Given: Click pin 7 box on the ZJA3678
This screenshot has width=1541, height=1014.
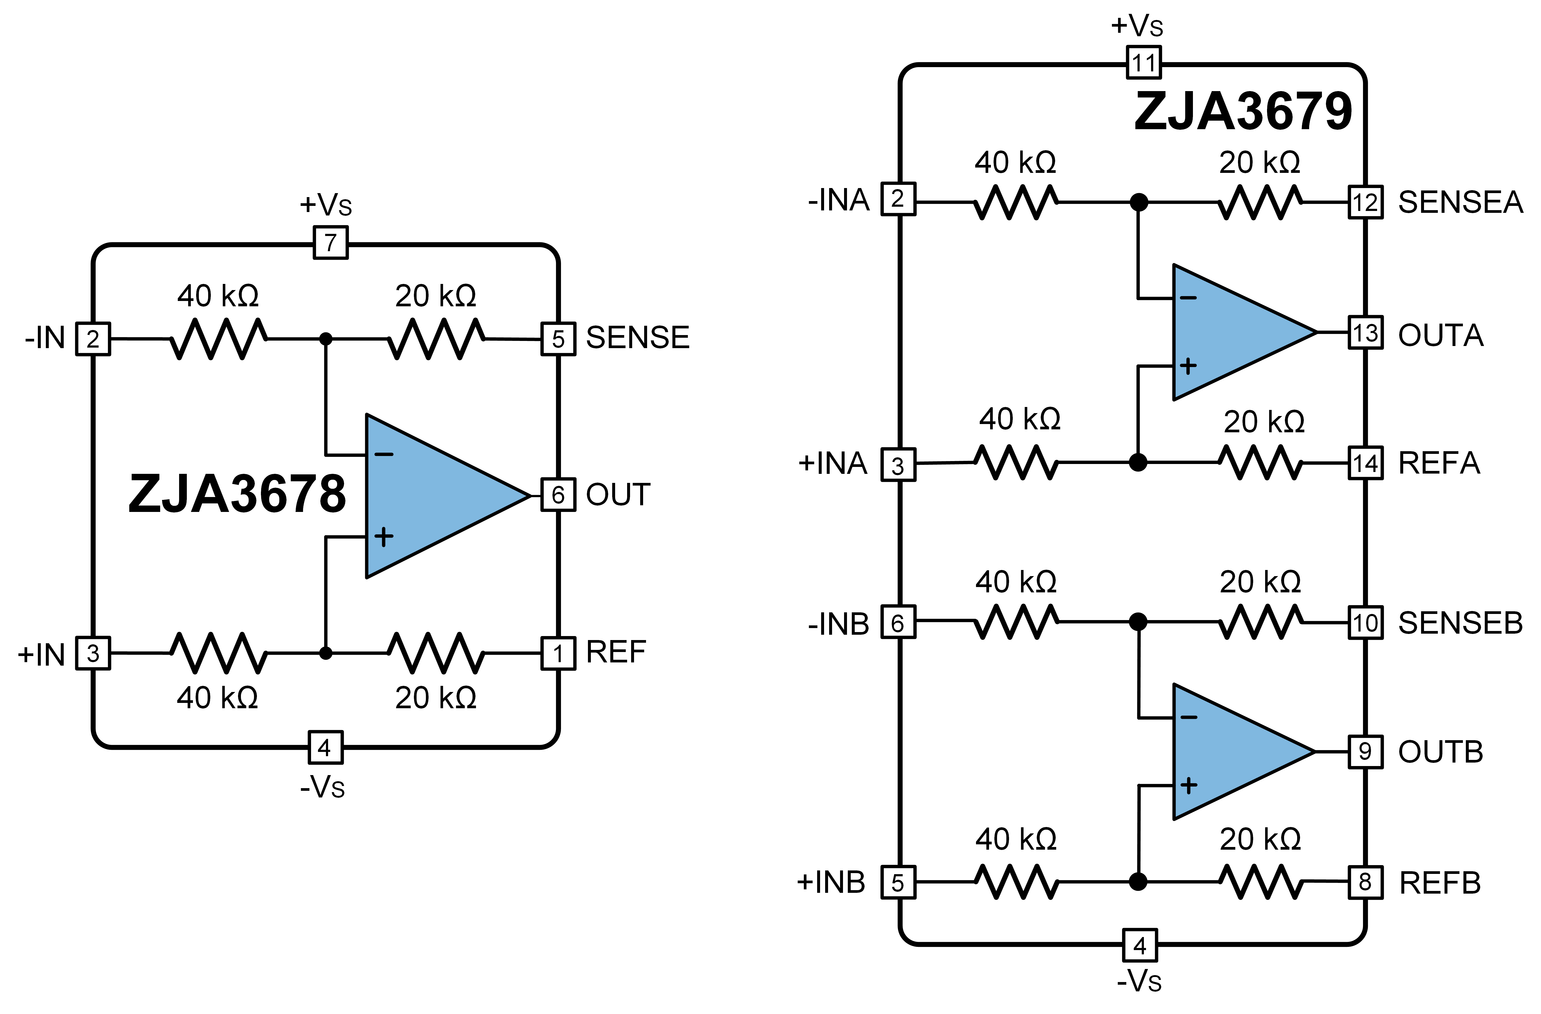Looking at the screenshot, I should pyautogui.click(x=330, y=243).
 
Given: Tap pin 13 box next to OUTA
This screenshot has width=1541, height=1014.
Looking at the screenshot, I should pyautogui.click(x=1365, y=333).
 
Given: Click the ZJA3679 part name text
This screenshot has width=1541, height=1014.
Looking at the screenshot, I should pyautogui.click(x=1243, y=111).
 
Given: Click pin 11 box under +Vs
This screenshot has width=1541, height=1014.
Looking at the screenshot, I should pyautogui.click(x=1143, y=63).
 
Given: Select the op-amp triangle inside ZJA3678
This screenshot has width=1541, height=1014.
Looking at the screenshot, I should pyautogui.click(x=434, y=496).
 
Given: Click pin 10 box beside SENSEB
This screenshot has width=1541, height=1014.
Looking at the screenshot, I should pyautogui.click(x=1365, y=622).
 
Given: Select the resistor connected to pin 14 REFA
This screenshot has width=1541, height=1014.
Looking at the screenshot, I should pyautogui.click(x=1260, y=463).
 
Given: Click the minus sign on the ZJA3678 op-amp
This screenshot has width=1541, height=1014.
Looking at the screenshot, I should pyautogui.click(x=384, y=454).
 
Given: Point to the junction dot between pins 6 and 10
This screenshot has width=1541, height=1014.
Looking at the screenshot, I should pyautogui.click(x=1137, y=622).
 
